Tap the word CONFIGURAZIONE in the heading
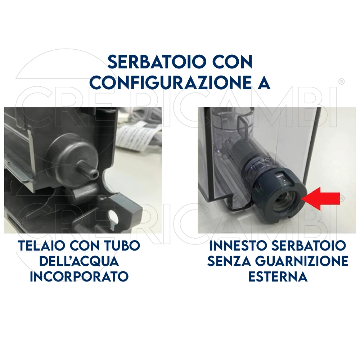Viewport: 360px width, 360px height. coord(170,82)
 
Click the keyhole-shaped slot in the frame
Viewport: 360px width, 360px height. coord(113,217)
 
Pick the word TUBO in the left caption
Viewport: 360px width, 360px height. coord(122,246)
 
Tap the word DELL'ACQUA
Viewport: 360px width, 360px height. coord(79,261)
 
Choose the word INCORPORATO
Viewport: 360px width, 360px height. coord(79,276)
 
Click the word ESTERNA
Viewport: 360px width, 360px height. coord(278,276)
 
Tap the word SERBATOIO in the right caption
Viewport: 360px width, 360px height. coord(309,246)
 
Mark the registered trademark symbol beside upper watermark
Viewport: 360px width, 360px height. coord(341,81)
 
